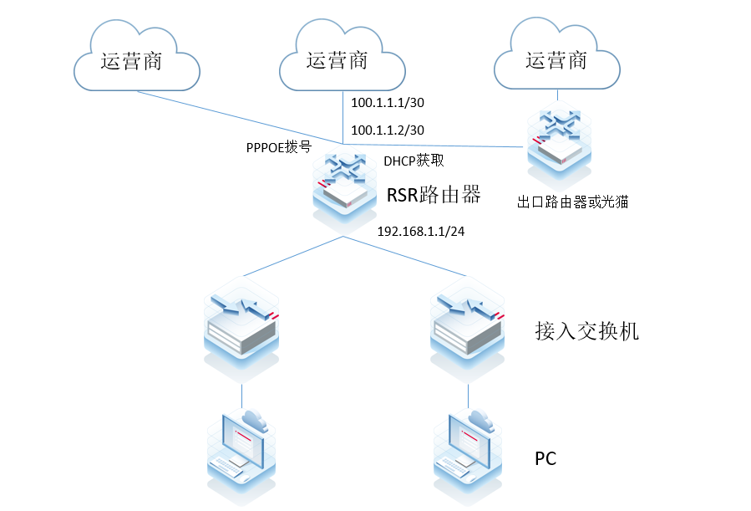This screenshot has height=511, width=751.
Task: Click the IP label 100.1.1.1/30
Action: point(388,103)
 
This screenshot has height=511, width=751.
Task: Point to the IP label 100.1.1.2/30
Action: point(388,130)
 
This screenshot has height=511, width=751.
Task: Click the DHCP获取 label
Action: point(414,161)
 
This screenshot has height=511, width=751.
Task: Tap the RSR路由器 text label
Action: point(434,195)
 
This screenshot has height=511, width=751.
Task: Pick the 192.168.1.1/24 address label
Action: point(422,232)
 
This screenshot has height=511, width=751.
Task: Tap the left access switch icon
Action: point(242,322)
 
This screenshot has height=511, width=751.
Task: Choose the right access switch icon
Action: point(468,322)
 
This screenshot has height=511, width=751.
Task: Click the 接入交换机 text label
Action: point(586,331)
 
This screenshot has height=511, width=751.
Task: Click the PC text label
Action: point(545,459)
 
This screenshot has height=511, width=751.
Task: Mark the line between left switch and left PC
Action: point(242,396)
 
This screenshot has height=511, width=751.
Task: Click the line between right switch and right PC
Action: point(468,396)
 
